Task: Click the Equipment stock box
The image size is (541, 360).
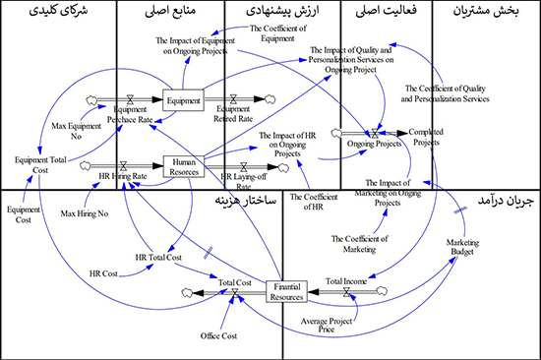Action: coord(183,99)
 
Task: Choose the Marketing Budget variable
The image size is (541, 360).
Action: coord(461,246)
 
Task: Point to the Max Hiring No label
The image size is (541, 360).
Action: coord(83,212)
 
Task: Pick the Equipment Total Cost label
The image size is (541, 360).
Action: coord(39,164)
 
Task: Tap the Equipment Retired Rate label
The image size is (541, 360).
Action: coord(234,117)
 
